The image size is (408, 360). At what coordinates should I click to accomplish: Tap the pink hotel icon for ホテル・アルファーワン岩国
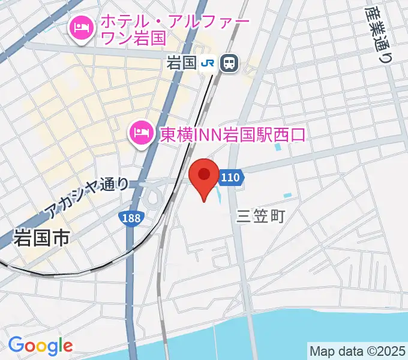pos(80,28)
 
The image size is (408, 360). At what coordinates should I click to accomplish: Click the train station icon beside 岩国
pos(229,62)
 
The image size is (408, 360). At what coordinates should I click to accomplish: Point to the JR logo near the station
pos(208,62)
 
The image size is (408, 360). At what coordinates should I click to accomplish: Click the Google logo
pos(40,345)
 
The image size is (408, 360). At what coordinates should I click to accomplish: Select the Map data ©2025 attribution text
pos(356,350)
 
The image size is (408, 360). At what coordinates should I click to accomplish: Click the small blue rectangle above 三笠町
pos(287,195)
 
